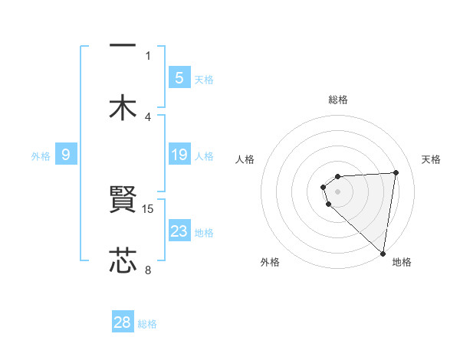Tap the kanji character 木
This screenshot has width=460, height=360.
click(x=123, y=107)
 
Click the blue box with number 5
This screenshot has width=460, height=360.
click(x=179, y=77)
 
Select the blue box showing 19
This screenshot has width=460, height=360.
click(x=179, y=155)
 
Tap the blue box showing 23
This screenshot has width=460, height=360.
click(x=179, y=231)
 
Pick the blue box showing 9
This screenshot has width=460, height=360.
click(x=66, y=155)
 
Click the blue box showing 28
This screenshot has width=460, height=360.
click(x=123, y=322)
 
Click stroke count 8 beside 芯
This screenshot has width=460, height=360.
click(x=148, y=269)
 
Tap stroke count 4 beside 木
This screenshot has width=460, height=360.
click(x=148, y=116)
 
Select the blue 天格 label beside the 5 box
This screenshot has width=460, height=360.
click(x=204, y=79)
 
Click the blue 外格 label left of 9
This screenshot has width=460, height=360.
click(x=41, y=156)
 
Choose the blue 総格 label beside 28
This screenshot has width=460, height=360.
click(x=147, y=324)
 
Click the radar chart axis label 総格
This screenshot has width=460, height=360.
click(x=338, y=100)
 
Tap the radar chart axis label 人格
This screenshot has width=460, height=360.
click(x=245, y=159)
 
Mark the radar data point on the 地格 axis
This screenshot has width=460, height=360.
click(x=383, y=253)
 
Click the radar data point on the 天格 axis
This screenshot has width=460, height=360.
click(x=396, y=172)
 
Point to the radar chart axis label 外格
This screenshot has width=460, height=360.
click(x=270, y=262)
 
